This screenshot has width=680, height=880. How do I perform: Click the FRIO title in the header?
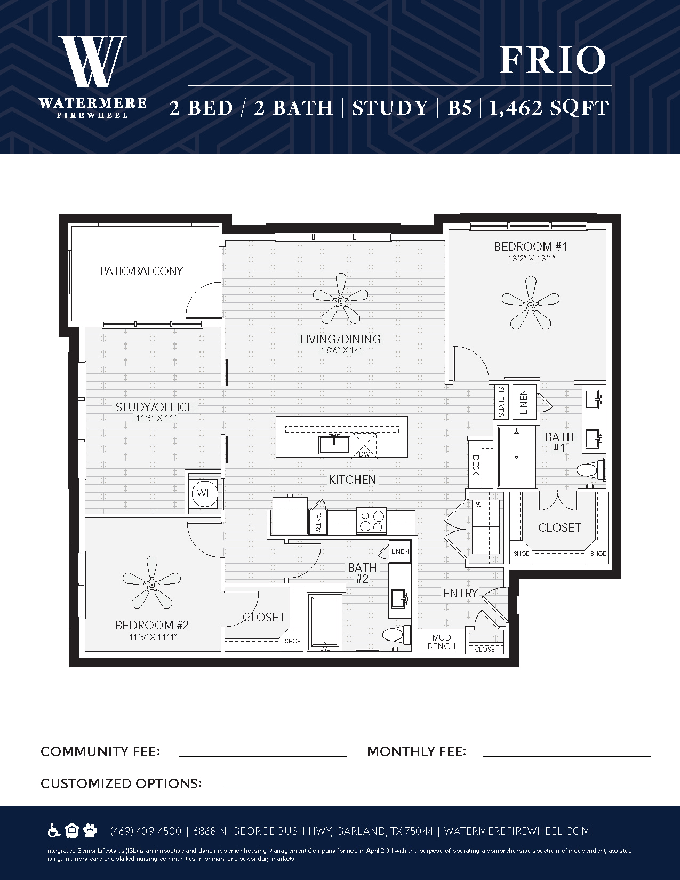553,60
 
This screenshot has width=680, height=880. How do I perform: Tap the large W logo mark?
92,61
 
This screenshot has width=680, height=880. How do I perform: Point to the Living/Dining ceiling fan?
341,299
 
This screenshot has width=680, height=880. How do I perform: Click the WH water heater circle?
205,493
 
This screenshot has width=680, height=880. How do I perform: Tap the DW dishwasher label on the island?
364,454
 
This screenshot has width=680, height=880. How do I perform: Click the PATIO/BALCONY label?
141,271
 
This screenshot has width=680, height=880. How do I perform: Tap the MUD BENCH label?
442,642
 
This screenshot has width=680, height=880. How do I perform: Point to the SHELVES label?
501,402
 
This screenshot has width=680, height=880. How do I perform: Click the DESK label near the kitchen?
476,465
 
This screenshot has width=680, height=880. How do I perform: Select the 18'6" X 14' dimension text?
341,350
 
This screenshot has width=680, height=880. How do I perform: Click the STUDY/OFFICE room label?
155,407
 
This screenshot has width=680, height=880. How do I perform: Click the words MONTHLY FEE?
417,752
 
